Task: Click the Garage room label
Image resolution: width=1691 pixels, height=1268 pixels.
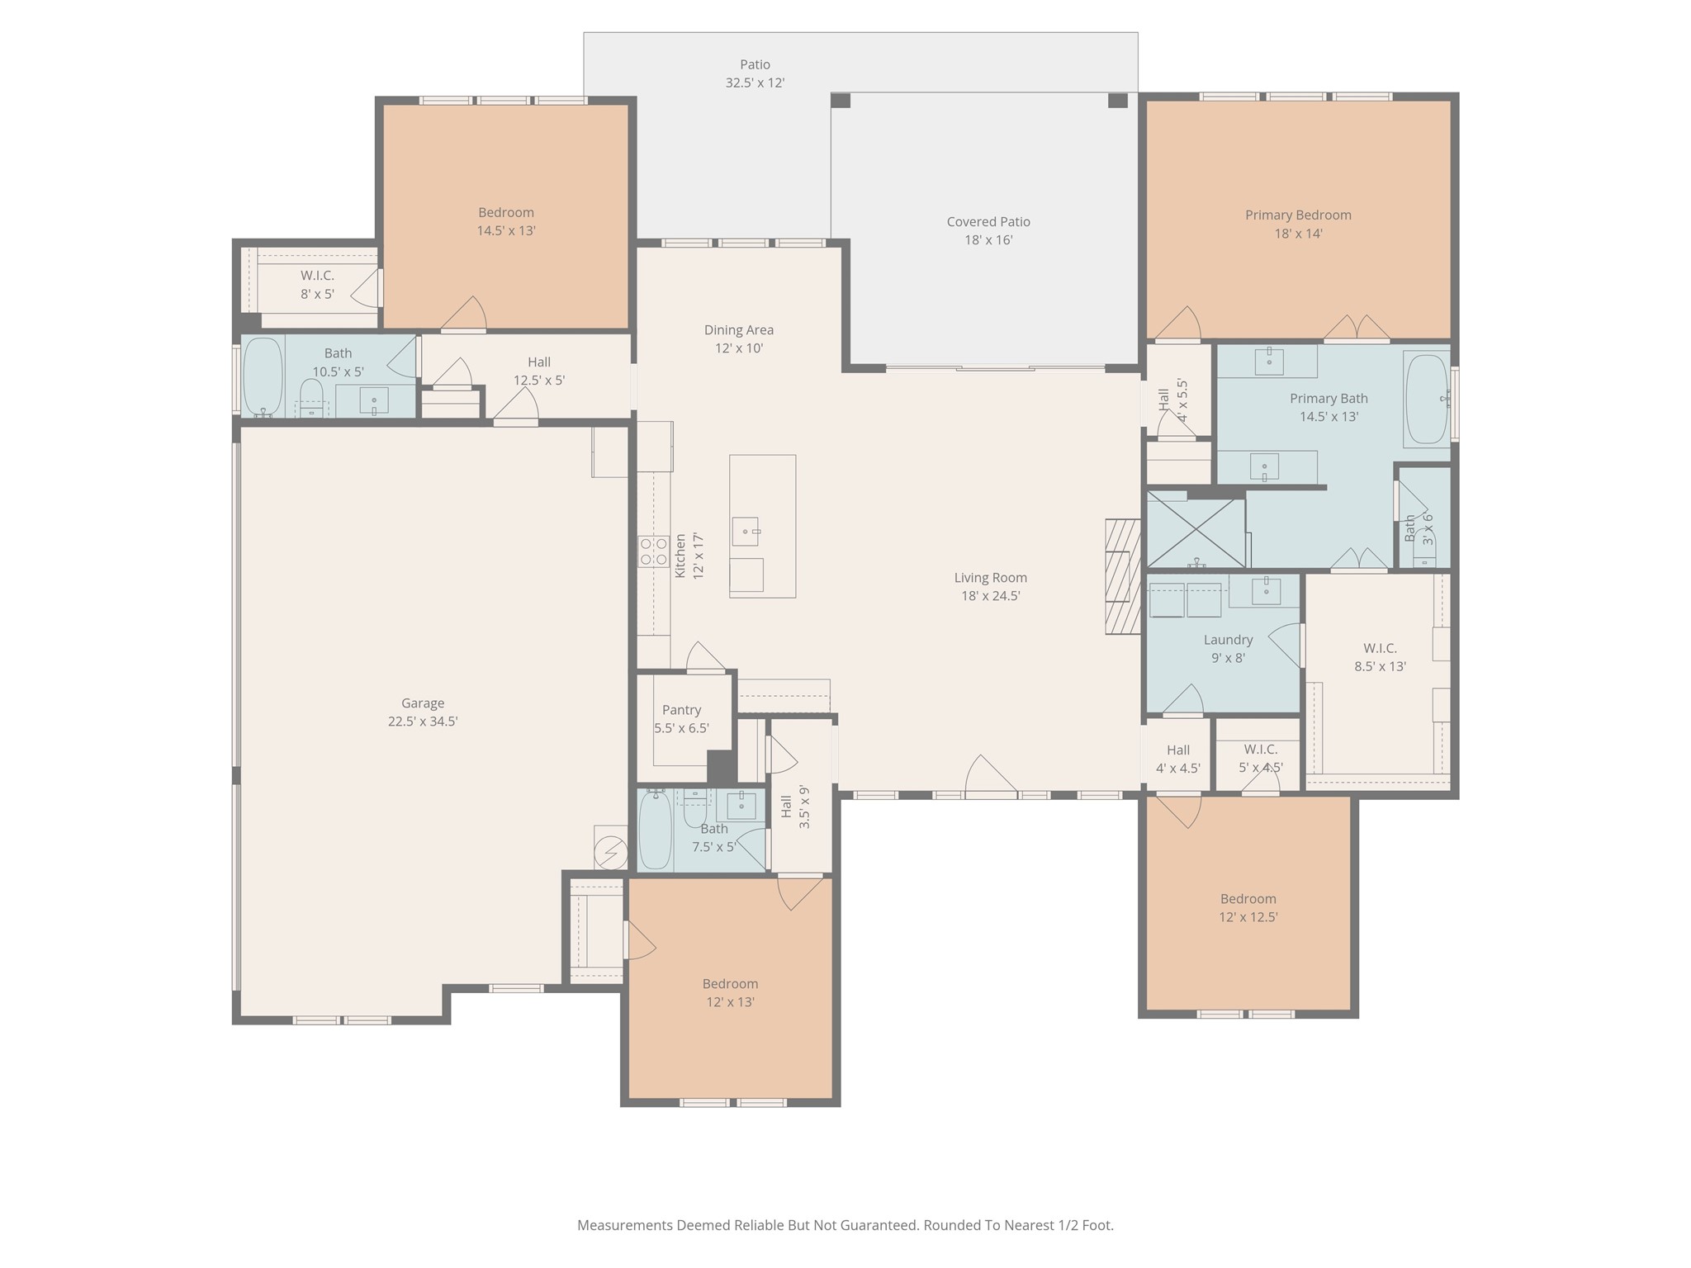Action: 423,703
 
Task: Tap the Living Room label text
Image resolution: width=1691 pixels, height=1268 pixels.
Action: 991,578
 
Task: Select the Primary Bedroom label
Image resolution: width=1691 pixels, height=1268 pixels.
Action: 1298,215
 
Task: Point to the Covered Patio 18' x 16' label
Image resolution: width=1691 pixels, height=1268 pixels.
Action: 988,230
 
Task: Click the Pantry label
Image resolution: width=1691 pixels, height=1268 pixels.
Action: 681,710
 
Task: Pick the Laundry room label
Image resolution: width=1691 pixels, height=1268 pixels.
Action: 1228,640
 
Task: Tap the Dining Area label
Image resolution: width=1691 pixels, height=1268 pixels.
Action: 738,330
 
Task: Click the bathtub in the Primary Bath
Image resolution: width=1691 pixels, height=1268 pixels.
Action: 1427,400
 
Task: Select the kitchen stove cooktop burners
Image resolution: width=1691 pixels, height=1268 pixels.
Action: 653,551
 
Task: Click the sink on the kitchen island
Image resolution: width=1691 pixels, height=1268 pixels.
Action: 746,532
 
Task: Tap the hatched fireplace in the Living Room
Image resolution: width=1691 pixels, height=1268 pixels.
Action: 1123,576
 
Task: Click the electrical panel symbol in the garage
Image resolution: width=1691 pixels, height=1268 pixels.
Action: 611,849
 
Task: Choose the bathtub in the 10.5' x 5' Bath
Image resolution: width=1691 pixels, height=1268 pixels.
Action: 263,376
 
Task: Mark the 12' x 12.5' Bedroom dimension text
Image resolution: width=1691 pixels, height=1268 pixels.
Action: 1248,917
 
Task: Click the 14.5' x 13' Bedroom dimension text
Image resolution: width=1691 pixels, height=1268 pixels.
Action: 506,231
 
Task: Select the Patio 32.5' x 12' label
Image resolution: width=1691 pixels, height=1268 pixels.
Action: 755,73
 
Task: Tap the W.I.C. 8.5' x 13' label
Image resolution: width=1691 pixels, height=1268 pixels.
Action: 1380,657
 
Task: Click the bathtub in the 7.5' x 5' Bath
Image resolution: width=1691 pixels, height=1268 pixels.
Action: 655,830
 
